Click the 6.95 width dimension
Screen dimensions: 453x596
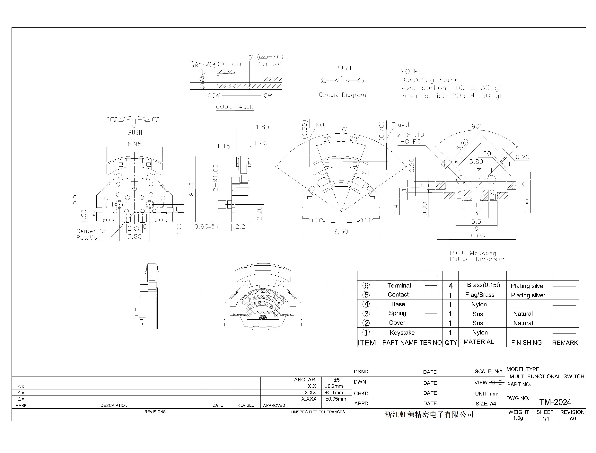coord(134,144)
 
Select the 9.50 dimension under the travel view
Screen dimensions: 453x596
coord(341,231)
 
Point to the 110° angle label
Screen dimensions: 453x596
coord(341,130)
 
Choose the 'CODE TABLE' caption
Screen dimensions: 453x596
coord(234,107)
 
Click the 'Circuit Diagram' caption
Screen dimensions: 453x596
coord(342,95)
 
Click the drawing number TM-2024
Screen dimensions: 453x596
coord(555,402)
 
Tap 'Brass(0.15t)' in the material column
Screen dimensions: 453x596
coord(483,285)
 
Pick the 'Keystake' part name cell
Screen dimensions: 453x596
coord(402,333)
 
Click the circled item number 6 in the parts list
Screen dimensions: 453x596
coord(366,286)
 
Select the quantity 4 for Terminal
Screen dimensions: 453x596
coord(451,286)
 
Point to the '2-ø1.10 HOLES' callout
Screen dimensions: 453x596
coord(410,138)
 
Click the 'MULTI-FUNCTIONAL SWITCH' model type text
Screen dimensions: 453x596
coord(547,376)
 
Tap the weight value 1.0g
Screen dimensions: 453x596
coord(518,418)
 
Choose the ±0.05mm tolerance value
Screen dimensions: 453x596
coord(336,399)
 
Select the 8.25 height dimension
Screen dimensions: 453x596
coord(192,189)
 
